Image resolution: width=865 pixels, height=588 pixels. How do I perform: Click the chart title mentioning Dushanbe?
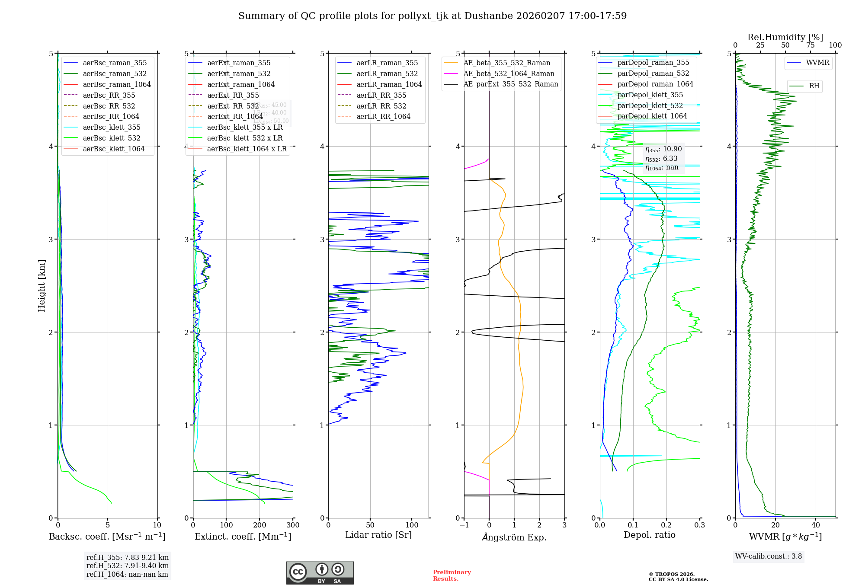[x=432, y=16]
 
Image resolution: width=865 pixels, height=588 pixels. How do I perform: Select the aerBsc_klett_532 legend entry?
[x=111, y=138]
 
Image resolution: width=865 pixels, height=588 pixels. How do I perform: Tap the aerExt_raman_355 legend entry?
[x=239, y=63]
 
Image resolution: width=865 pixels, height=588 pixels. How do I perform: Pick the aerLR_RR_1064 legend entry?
[x=383, y=116]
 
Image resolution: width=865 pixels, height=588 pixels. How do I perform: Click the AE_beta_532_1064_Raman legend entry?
[x=509, y=73]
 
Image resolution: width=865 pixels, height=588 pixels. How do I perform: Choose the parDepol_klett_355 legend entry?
[x=650, y=95]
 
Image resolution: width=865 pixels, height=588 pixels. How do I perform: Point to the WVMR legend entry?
[x=817, y=63]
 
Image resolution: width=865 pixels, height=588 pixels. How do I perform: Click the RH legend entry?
[x=814, y=86]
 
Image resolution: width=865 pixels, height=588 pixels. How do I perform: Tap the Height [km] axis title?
[x=42, y=285]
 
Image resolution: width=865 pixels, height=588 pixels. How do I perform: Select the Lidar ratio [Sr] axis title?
[x=378, y=535]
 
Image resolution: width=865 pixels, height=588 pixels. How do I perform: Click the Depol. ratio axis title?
[x=649, y=535]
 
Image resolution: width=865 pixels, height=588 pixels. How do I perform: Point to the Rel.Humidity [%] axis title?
[x=785, y=37]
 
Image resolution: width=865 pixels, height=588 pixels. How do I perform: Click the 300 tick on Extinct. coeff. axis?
[x=293, y=525]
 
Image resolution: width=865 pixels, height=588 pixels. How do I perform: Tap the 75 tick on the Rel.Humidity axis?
[x=811, y=45]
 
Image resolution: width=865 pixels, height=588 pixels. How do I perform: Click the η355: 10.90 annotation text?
[x=663, y=149]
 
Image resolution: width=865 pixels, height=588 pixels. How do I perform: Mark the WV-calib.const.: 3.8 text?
[x=769, y=556]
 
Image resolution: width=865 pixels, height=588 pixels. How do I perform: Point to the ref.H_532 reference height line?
[x=128, y=566]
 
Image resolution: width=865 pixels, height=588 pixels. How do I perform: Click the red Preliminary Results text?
[x=452, y=575]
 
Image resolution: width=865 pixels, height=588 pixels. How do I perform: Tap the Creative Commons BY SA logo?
[x=320, y=573]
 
